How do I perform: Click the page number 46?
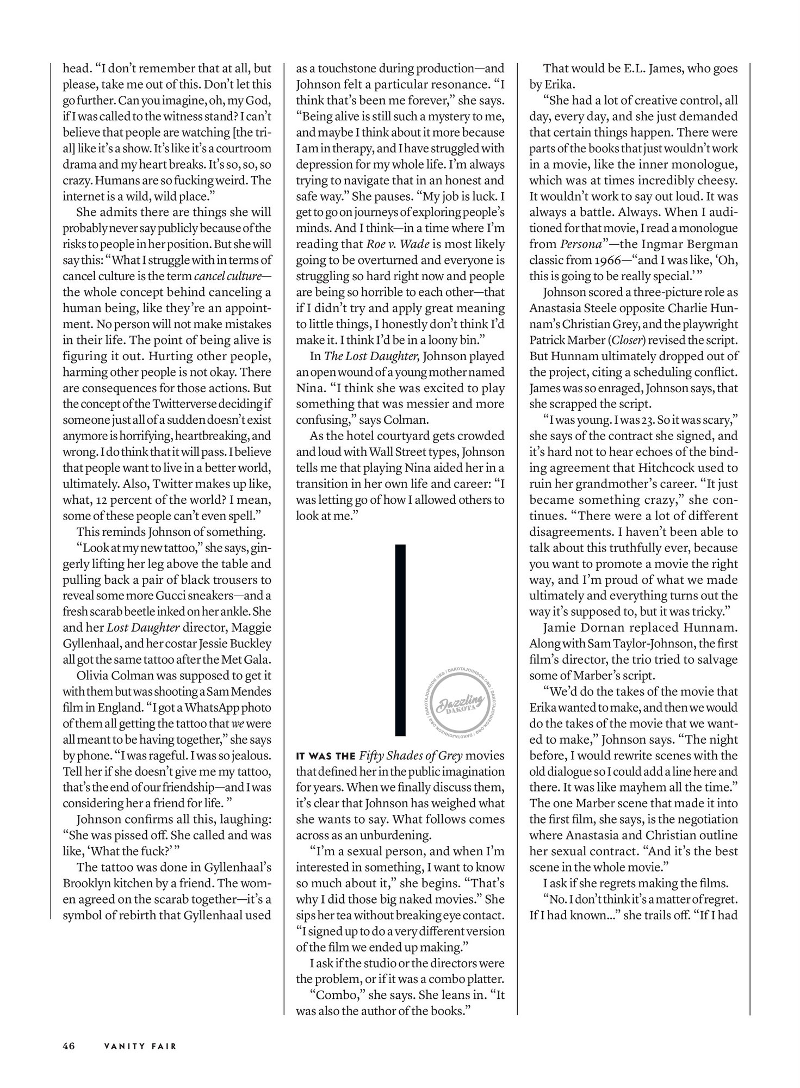coord(69,1046)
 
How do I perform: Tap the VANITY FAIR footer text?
coord(141,1046)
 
